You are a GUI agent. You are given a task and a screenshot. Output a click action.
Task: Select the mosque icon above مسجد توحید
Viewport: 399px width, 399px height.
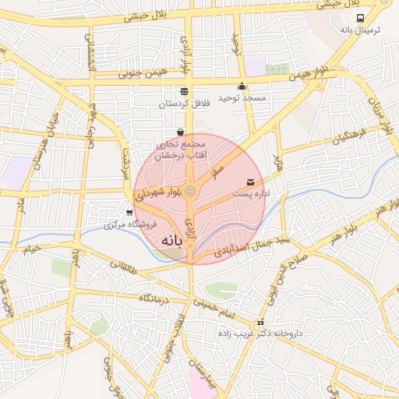click(242, 87)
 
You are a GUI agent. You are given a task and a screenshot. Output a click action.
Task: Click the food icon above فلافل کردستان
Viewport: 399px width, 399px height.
click(184, 91)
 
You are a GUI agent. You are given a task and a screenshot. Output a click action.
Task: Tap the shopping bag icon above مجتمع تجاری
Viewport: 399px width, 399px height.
click(181, 132)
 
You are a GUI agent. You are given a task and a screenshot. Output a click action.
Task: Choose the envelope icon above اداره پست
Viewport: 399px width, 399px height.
click(250, 182)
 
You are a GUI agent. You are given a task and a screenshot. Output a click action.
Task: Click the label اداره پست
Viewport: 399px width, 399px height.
click(249, 192)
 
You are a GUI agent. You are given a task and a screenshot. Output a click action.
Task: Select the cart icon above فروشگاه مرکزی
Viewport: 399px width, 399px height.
click(129, 212)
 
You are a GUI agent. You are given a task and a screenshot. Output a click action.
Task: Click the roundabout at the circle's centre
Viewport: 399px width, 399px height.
click(192, 191)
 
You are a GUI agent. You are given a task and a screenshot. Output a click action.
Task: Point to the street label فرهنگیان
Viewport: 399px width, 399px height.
click(348, 138)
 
